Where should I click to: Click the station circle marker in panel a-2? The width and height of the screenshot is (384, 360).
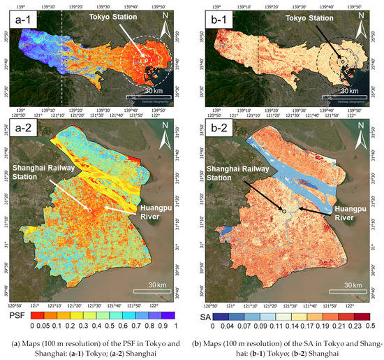(x=89, y=210)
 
